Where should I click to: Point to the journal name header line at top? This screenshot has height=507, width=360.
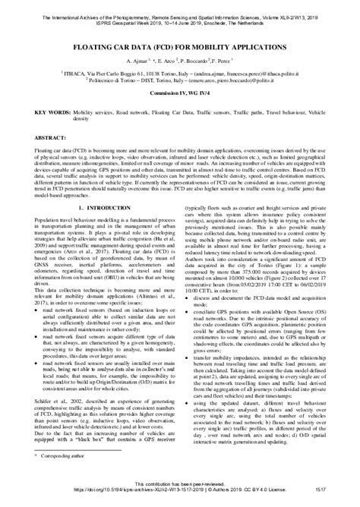point(179,7)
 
